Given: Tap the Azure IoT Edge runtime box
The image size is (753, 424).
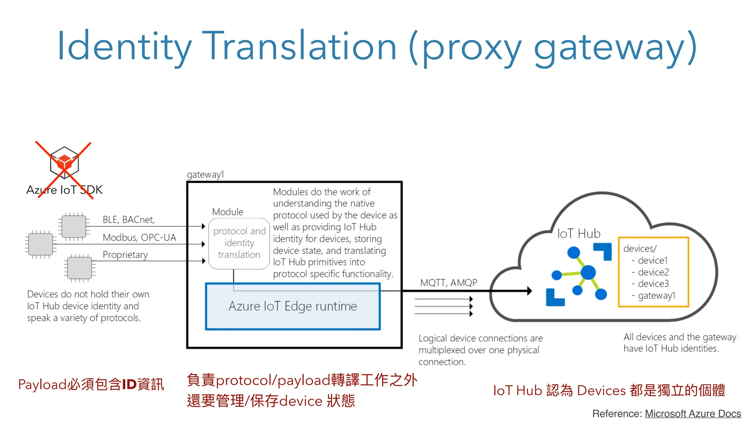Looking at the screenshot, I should [293, 306].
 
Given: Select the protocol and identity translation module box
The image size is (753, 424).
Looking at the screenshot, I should [239, 243].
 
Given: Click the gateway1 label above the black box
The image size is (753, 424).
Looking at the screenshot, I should [205, 174].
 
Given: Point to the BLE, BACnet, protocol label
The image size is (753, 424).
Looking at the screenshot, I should [128, 220].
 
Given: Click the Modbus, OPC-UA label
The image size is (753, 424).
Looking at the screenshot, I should [139, 237].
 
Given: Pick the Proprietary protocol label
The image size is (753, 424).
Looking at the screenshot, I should [125, 255].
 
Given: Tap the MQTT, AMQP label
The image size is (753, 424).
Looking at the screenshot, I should [449, 283].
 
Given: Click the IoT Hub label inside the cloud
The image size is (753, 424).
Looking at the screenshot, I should [579, 234].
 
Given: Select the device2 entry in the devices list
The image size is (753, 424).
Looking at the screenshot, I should [653, 272].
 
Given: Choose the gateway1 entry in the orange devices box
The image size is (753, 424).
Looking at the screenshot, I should [656, 296].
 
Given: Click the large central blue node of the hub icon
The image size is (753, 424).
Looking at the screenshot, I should [588, 273].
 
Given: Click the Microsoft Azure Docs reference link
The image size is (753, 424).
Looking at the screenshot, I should [693, 414].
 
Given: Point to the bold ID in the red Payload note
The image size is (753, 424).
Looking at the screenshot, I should [129, 385].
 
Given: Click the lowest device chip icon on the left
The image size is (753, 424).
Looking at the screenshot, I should [79, 268].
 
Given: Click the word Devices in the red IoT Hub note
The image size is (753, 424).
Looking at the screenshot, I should [601, 391].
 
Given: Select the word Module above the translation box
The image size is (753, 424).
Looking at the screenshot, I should [228, 212].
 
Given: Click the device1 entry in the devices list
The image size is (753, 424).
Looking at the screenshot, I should [653, 261].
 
